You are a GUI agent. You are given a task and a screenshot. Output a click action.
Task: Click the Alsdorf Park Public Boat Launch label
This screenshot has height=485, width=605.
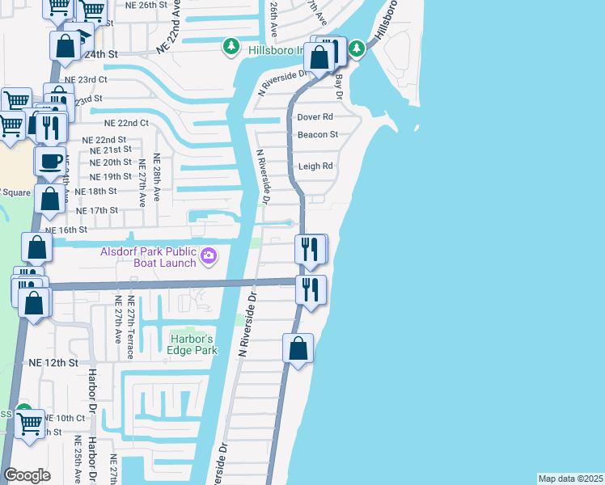pyautogui.click(x=148, y=257)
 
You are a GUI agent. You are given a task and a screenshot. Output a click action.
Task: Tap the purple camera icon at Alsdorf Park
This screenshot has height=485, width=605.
pyautogui.click(x=209, y=256)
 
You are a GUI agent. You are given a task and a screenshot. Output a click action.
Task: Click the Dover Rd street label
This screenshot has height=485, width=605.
pyautogui.click(x=315, y=117)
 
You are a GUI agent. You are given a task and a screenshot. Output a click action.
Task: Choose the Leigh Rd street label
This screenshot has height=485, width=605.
pyautogui.click(x=315, y=166)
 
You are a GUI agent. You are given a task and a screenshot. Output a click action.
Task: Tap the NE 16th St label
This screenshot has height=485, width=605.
pyautogui.click(x=66, y=230)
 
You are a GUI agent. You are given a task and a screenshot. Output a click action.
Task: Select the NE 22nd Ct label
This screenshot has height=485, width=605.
pyautogui.click(x=127, y=123)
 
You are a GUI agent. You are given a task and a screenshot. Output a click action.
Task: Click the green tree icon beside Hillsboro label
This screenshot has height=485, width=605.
pyautogui.click(x=231, y=48)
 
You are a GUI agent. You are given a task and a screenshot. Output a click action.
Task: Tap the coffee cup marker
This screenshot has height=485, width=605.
pyautogui.click(x=50, y=160)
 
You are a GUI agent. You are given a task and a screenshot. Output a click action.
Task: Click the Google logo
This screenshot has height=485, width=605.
pyautogui.click(x=27, y=475)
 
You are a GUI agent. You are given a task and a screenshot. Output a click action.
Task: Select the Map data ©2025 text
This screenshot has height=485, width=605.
pyautogui.click(x=571, y=479)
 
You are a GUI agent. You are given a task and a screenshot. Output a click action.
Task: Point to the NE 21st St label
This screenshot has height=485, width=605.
pyautogui.click(x=110, y=150)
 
